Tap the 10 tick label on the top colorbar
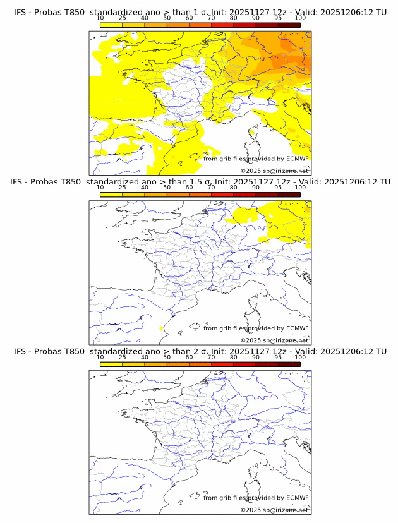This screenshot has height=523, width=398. click(x=100, y=18)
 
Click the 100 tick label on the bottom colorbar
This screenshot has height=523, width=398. click(x=300, y=358)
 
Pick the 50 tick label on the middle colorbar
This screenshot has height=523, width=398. click(x=167, y=188)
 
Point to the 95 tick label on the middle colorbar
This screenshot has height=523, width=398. click(x=278, y=188)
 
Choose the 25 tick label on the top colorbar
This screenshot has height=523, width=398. click(x=122, y=18)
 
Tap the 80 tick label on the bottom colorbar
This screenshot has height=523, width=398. click(x=233, y=358)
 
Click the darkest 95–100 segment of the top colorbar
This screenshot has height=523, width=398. click(x=289, y=25)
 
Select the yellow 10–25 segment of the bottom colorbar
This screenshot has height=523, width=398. click(x=111, y=364)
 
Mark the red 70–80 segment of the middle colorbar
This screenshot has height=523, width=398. click(x=222, y=195)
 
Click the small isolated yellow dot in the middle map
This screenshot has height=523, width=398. click(x=162, y=328)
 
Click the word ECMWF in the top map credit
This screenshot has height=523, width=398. click(x=298, y=159)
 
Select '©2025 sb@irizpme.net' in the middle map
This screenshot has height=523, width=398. click(x=274, y=340)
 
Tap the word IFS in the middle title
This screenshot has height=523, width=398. click(x=20, y=182)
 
